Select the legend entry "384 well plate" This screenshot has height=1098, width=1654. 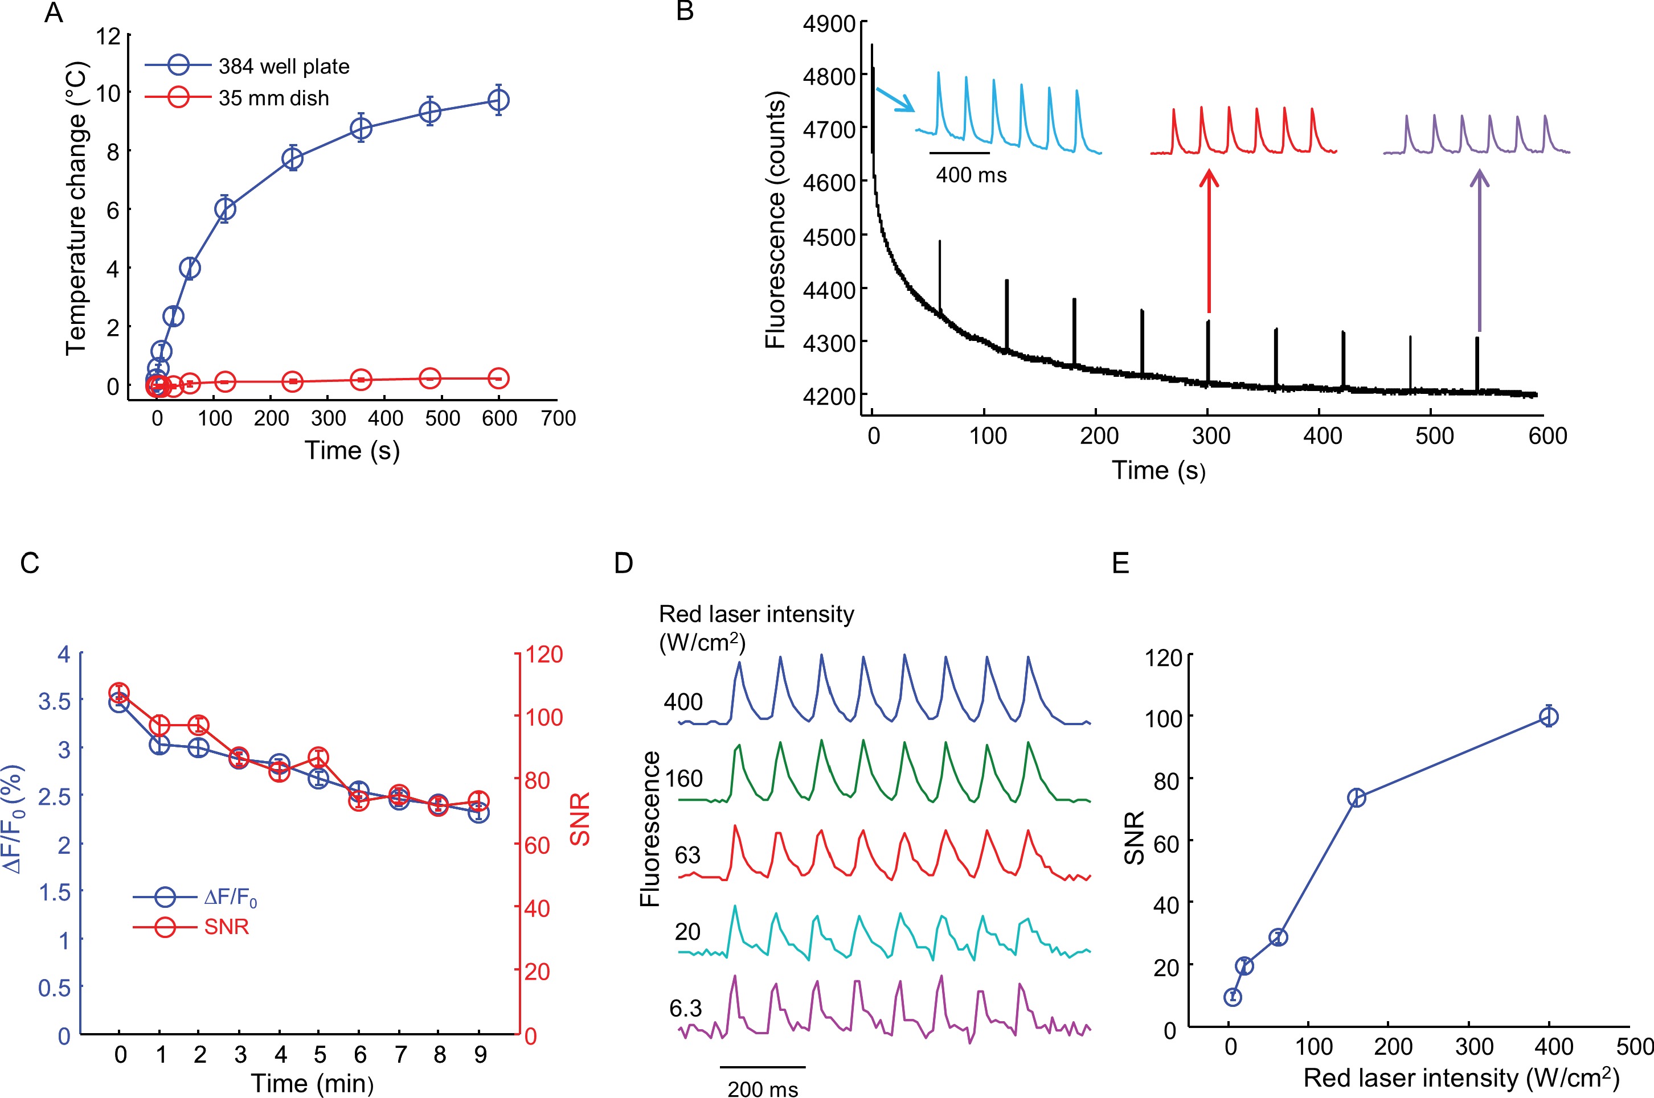283,67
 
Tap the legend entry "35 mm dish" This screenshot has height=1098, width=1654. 273,98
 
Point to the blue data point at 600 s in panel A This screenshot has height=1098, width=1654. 498,100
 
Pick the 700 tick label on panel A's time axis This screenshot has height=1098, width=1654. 558,419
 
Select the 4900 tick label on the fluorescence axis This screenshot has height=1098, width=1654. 829,24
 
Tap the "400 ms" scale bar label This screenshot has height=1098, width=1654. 971,175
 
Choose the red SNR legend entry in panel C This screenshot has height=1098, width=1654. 226,927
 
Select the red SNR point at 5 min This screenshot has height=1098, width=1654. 319,758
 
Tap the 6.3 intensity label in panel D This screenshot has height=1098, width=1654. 685,1009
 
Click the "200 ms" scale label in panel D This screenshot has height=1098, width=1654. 762,1089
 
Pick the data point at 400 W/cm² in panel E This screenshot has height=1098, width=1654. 1549,717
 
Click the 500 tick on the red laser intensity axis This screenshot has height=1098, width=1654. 1635,1047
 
